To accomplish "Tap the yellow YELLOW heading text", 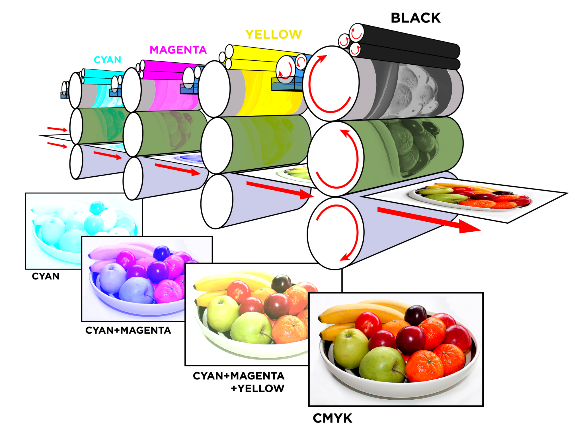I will coord(273,34).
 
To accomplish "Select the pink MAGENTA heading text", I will coord(178,50).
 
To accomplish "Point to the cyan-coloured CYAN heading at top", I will coord(107,60).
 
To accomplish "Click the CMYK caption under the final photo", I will coord(332,418).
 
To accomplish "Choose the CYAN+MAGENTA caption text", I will coord(128,330).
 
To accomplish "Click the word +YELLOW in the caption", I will coord(257,388).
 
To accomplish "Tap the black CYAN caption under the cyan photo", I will coord(46,276).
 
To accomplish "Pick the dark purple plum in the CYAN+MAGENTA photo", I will coord(161,253).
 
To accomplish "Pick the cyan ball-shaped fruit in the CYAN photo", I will coord(97,208).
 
